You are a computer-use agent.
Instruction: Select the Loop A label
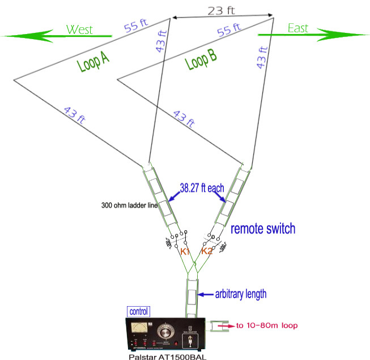[92, 66]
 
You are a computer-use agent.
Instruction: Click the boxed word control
[139, 311]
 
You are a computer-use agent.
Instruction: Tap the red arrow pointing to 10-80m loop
[226, 326]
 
